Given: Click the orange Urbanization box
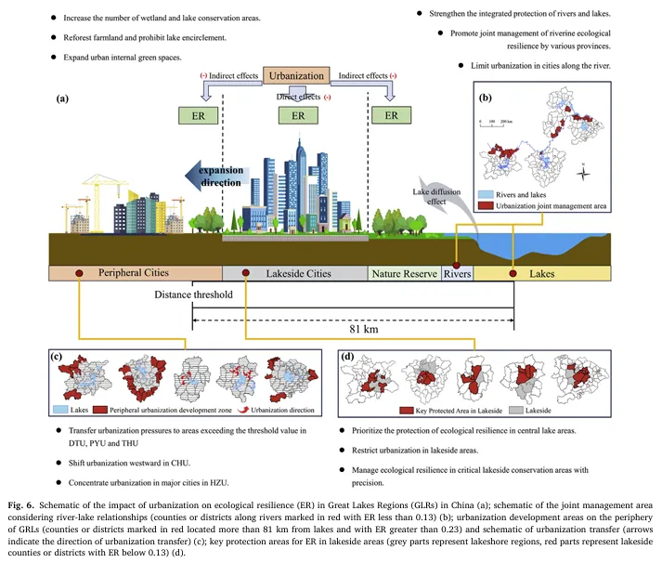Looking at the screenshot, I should pos(297,76).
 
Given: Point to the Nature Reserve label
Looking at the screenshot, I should pos(404,273).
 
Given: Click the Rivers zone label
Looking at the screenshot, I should pos(457,273).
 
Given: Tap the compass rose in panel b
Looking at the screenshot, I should pos(581,172).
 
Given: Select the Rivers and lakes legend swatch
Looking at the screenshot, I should pos(485,195).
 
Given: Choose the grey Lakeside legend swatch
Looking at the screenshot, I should pos(524,408).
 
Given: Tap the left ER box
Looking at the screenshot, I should pos(200,115).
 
